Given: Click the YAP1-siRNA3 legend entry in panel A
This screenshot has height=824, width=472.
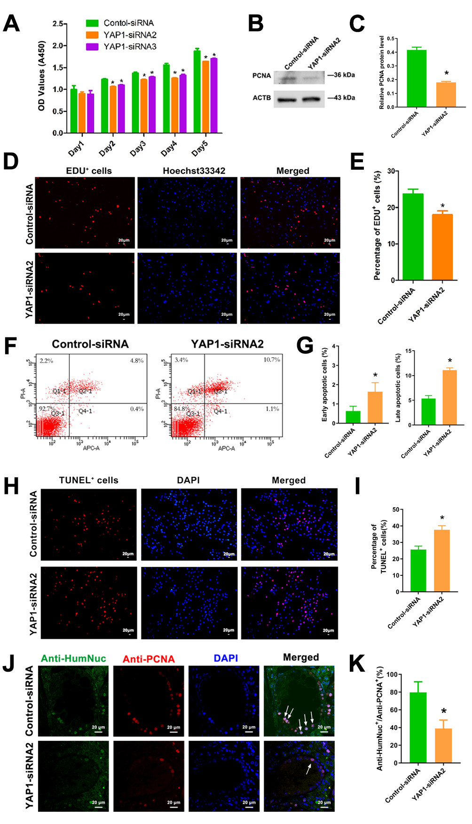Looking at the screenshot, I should (x=130, y=47).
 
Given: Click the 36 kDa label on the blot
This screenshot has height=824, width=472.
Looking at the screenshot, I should (x=344, y=75).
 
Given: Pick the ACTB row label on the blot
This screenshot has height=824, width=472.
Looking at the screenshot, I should (x=262, y=98).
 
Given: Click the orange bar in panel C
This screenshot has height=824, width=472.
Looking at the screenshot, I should (x=446, y=95).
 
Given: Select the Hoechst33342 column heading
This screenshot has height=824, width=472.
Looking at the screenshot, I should (x=194, y=171).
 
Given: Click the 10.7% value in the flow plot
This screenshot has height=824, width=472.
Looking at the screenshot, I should (x=272, y=360).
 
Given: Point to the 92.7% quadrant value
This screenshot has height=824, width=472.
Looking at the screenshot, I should (x=46, y=409).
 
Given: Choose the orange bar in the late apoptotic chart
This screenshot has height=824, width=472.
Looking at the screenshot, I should (x=449, y=398).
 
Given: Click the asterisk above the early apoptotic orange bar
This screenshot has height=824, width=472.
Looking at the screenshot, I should (x=375, y=375).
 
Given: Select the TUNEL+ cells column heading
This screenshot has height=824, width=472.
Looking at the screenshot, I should (x=88, y=480).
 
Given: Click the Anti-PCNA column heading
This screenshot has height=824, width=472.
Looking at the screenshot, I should (x=149, y=659).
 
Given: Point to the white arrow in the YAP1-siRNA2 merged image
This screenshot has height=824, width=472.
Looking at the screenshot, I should (x=308, y=769).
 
